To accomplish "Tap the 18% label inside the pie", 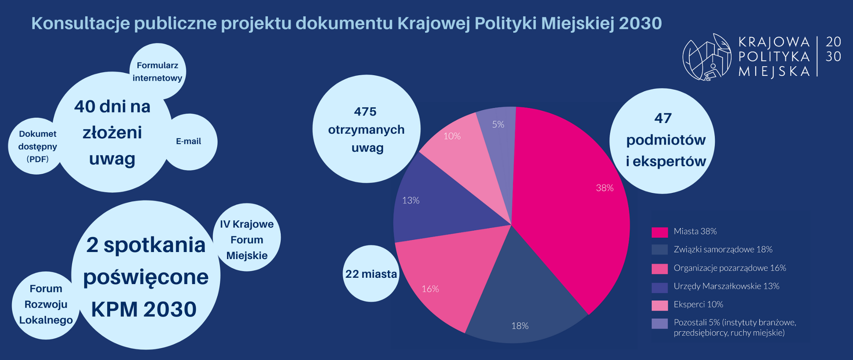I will click(520, 326).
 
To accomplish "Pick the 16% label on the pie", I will click(430, 289).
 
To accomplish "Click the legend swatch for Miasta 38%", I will click(659, 232).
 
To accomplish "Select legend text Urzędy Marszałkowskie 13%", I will click(726, 286).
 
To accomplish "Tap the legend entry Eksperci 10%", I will click(698, 304).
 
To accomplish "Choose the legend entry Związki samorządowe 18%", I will click(723, 249).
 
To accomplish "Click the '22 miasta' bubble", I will click(371, 274).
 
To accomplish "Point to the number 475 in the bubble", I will click(365, 112).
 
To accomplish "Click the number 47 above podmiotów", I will click(663, 118).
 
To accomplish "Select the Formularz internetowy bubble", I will click(157, 71).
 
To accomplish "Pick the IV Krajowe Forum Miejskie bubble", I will click(247, 239).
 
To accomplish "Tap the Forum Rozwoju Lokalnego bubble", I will click(45, 304).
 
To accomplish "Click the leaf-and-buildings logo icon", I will click(707, 57).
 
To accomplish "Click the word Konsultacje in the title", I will click(80, 23).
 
